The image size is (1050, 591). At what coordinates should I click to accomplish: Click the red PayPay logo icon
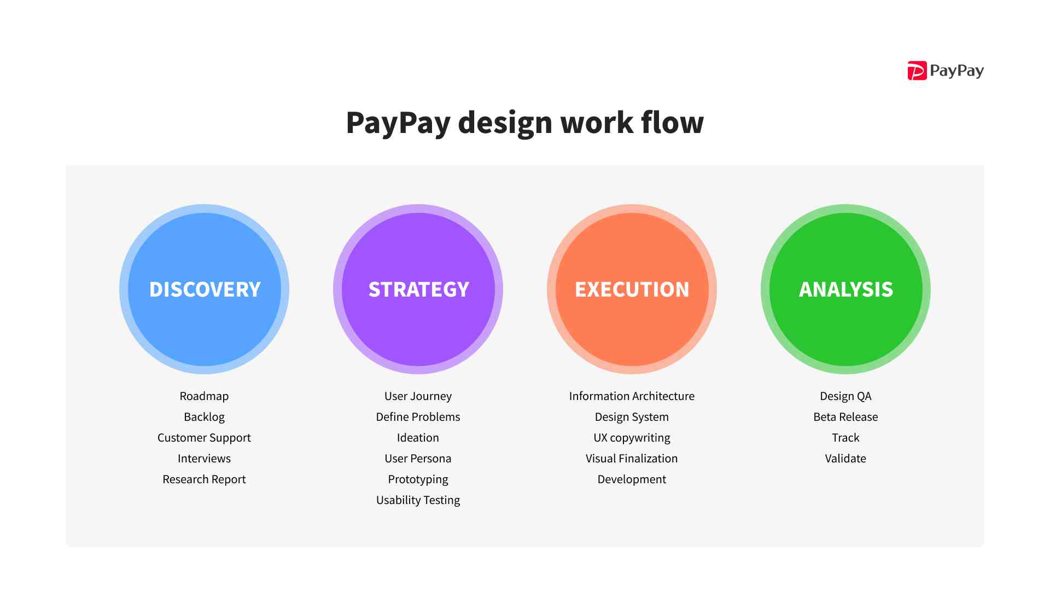[x=917, y=71]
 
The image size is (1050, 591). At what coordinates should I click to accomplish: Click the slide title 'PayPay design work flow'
[x=524, y=122]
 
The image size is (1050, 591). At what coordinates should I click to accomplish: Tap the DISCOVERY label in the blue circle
[x=205, y=289]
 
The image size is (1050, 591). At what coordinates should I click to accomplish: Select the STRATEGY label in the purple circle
[x=418, y=289]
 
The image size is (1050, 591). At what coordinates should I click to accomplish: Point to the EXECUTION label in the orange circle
[x=632, y=289]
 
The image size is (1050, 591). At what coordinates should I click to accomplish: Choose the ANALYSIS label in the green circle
[x=845, y=289]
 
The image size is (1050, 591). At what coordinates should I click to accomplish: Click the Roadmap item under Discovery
[x=204, y=396]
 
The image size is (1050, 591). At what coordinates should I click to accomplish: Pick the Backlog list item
[x=204, y=417]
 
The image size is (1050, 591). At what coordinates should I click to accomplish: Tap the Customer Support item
[x=204, y=438]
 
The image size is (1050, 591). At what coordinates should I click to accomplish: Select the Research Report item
[x=204, y=479]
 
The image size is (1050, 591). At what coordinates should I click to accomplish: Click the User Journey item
[x=418, y=396]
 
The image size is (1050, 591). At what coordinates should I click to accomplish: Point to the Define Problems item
[x=418, y=417]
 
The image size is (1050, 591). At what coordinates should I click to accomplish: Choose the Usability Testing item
[x=418, y=500]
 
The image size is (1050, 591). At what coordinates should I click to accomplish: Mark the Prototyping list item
[x=418, y=479]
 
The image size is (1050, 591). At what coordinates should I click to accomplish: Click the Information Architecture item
[x=632, y=396]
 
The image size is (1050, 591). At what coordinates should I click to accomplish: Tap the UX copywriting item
[x=632, y=438]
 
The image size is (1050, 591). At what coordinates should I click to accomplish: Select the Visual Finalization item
[x=632, y=459]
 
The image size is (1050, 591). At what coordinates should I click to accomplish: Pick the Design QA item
[x=845, y=396]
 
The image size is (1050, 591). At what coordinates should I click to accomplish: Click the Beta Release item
[x=845, y=417]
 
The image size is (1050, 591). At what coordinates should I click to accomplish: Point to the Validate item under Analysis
[x=845, y=459]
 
